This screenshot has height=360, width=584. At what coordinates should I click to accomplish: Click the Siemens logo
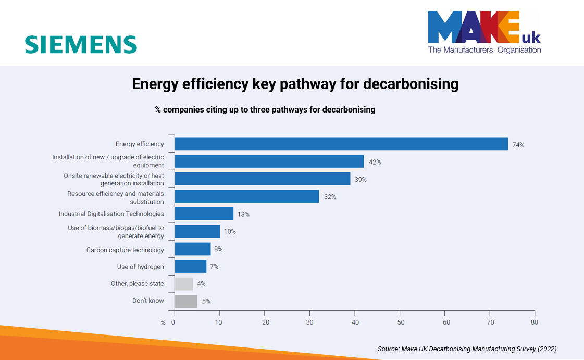tap(81, 45)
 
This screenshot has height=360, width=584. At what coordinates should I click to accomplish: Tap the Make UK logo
tap(484, 32)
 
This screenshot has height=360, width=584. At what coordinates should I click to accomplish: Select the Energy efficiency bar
tap(341, 144)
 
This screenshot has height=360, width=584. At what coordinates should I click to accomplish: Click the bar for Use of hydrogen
tap(190, 267)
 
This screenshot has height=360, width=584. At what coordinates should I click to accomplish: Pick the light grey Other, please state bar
tap(183, 284)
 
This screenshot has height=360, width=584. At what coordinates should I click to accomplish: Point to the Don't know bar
tap(185, 301)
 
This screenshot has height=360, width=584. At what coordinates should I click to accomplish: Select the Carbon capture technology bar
tap(192, 249)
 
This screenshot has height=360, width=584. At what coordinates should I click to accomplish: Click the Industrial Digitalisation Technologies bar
tap(204, 214)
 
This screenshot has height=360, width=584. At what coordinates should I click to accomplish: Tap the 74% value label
tap(518, 145)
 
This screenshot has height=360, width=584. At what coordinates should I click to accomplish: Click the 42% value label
tap(375, 162)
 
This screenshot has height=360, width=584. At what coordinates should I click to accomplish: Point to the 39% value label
tap(361, 180)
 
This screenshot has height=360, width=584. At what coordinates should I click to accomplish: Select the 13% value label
tap(243, 214)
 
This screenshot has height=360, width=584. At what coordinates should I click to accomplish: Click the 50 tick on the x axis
tap(400, 322)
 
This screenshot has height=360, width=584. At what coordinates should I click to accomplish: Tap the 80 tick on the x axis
tap(534, 322)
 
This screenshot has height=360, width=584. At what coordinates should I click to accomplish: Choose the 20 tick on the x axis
tap(265, 322)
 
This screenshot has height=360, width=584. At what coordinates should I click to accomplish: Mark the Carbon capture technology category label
tap(125, 250)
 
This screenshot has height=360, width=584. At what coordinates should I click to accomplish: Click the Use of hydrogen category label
tap(140, 267)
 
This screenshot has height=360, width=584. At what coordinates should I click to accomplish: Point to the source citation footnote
tap(467, 349)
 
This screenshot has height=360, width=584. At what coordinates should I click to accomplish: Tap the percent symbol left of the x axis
tap(163, 322)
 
